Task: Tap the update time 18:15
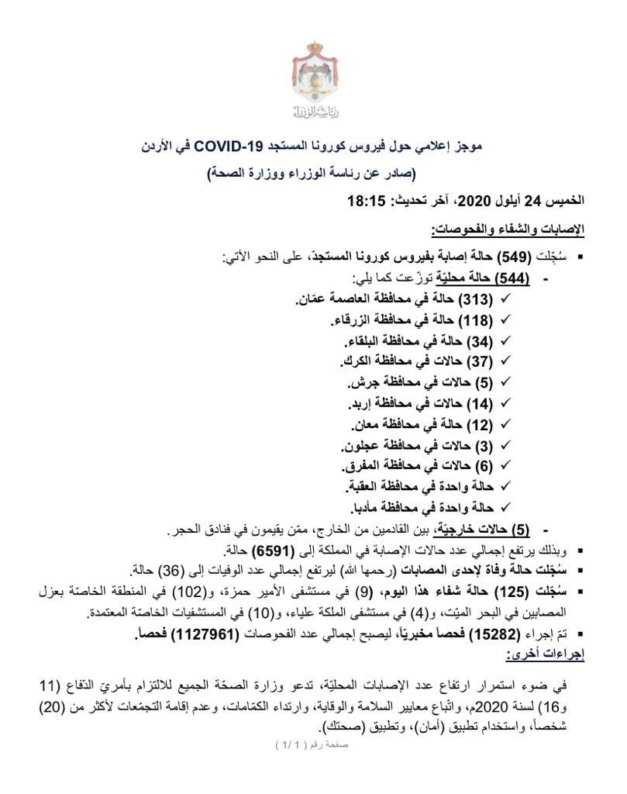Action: [x=367, y=203]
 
